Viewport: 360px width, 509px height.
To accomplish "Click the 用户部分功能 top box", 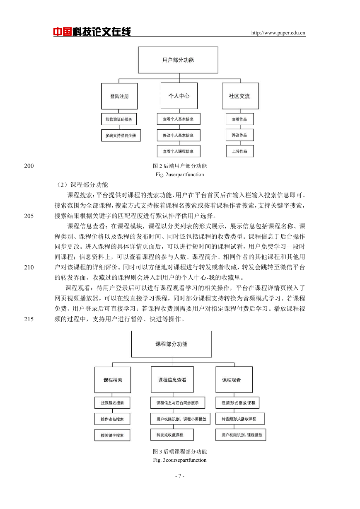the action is pyautogui.click(x=178, y=60).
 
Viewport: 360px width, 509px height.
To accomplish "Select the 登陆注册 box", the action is pyautogui.click(x=119, y=96).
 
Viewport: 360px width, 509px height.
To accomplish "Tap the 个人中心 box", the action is pyautogui.click(x=179, y=96).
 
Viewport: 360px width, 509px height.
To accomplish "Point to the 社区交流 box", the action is pyautogui.click(x=240, y=96).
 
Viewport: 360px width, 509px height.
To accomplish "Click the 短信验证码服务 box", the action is pyautogui.click(x=119, y=119).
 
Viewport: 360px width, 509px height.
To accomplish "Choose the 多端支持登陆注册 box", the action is pyautogui.click(x=121, y=136).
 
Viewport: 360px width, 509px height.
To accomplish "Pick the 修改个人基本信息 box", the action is pyautogui.click(x=179, y=135).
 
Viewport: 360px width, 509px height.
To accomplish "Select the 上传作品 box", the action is pyautogui.click(x=240, y=151).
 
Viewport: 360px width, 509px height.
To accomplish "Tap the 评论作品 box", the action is pyautogui.click(x=240, y=135).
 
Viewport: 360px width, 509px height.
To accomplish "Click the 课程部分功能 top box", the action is pyautogui.click(x=172, y=344).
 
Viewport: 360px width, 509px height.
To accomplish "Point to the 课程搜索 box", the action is pyautogui.click(x=113, y=380).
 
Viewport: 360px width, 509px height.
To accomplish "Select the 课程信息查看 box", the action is pyautogui.click(x=172, y=380).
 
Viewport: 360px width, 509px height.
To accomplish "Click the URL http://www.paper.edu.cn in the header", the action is pyautogui.click(x=278, y=33).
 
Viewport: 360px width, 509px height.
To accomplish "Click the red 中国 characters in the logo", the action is pyautogui.click(x=63, y=32).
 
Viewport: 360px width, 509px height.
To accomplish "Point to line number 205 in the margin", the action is pyautogui.click(x=29, y=216).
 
